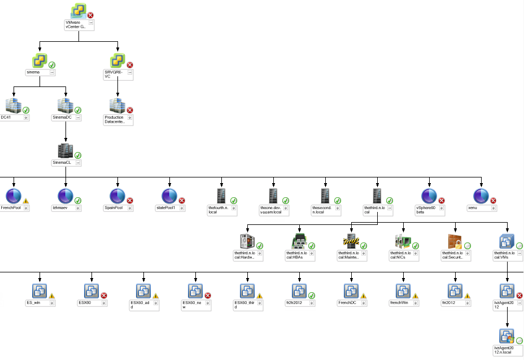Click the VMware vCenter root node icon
(x=78, y=11)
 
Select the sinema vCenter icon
(x=40, y=61)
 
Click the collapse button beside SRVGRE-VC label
(x=130, y=72)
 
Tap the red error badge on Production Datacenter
(x=130, y=110)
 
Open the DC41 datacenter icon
(x=13, y=106)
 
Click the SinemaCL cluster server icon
(x=65, y=151)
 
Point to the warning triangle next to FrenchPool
(x=26, y=200)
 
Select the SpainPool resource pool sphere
(x=118, y=196)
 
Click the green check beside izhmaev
(x=78, y=200)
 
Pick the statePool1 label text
(x=167, y=208)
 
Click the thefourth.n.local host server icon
(x=221, y=196)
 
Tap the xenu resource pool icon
(x=481, y=196)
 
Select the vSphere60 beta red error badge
(x=442, y=200)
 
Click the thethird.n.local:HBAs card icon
(x=299, y=241)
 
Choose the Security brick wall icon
(x=455, y=241)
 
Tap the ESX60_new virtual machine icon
(x=195, y=291)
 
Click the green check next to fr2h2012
(x=312, y=295)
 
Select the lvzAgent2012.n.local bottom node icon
(x=507, y=337)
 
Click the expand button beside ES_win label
(x=52, y=303)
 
